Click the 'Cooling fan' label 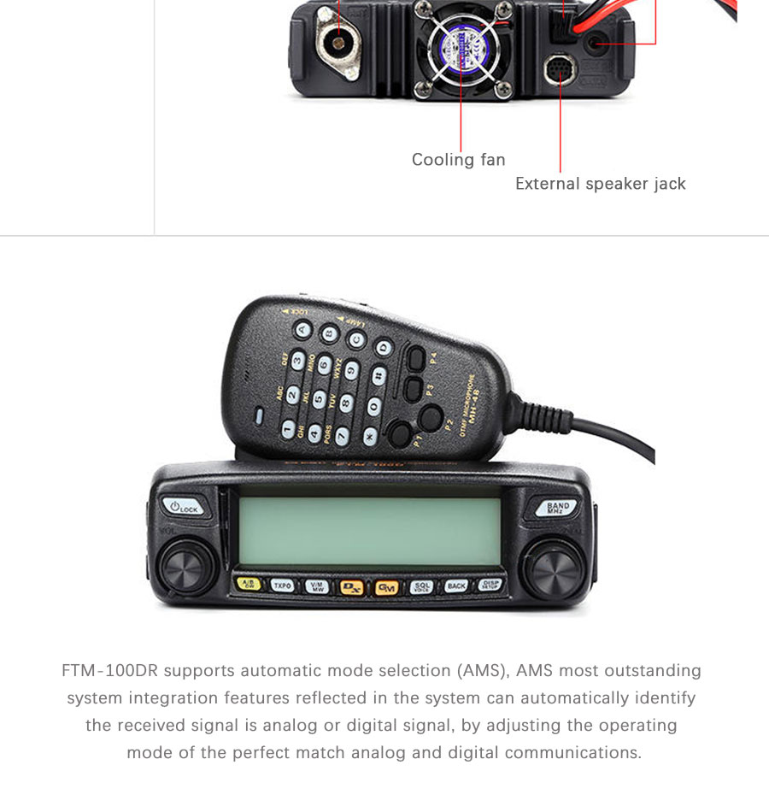coord(458,160)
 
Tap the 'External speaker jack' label coord(600,184)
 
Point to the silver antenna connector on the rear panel coord(340,40)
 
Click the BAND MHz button coord(558,508)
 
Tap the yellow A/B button coord(248,585)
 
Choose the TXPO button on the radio coord(283,585)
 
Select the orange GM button coord(386,587)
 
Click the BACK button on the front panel coord(456,586)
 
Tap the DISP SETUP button coord(490,585)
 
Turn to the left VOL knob coord(184,568)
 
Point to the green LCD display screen coord(369,531)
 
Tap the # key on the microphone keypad coord(378,374)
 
